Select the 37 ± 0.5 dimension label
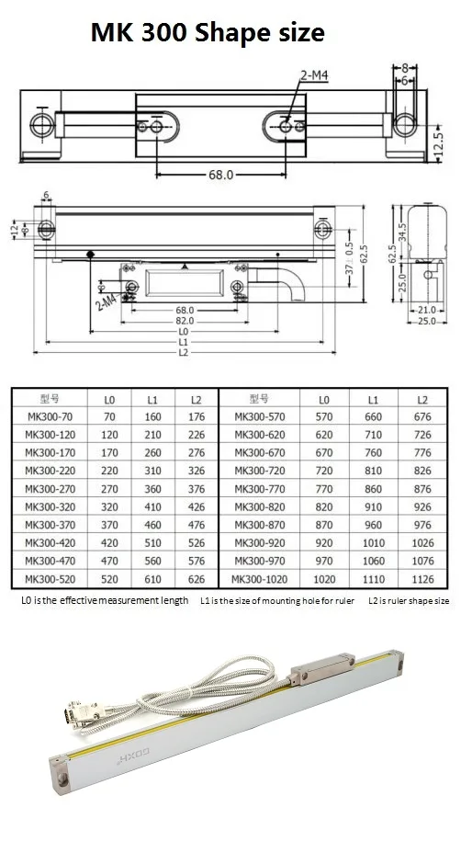(x=349, y=265)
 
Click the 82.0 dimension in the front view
(x=185, y=321)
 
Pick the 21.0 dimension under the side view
(x=426, y=311)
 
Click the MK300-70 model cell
(x=50, y=417)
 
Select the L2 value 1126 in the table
(x=422, y=579)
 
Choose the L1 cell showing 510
(x=153, y=543)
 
